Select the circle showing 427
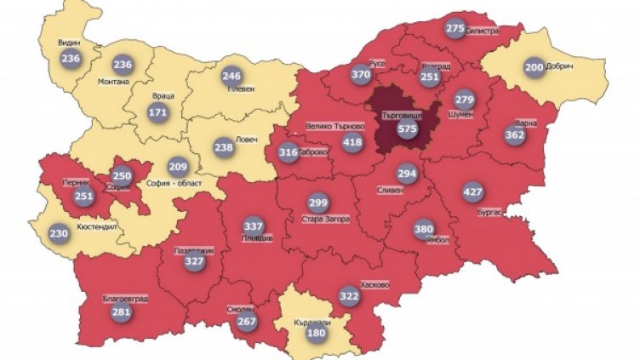471,191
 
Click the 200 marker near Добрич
534,68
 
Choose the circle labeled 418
352,141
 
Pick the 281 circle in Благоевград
122,311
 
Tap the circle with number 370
361,75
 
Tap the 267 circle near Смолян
247,322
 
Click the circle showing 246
231,75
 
